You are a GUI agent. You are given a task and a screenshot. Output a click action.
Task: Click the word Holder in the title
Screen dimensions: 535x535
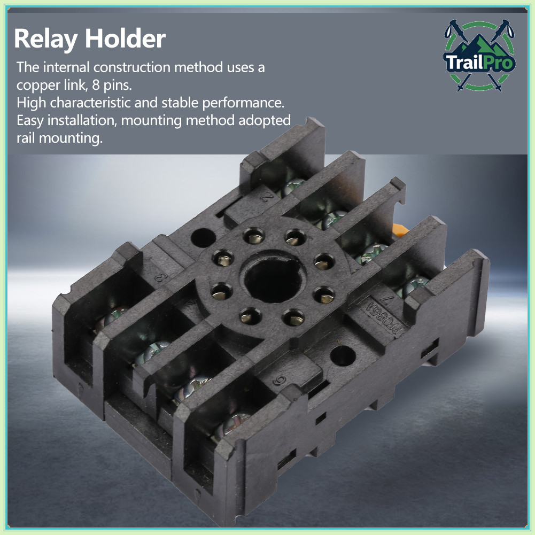pyautogui.click(x=125, y=38)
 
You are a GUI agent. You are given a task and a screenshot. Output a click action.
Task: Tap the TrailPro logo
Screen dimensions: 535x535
pyautogui.click(x=479, y=56)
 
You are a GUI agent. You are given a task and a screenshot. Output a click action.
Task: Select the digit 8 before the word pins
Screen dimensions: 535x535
pyautogui.click(x=96, y=84)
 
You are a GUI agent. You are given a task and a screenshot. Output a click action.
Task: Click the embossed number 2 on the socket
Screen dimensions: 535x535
pyautogui.click(x=268, y=197)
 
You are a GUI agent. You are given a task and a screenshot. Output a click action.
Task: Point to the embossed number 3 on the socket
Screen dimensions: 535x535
pyautogui.click(x=161, y=277)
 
